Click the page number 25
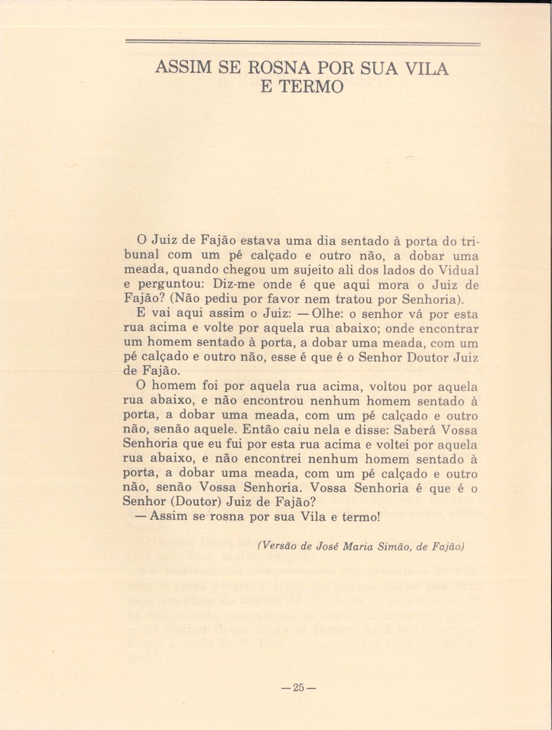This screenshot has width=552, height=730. click(x=298, y=687)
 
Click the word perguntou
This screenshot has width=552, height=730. click(x=174, y=285)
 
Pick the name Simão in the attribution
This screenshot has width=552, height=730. click(x=388, y=546)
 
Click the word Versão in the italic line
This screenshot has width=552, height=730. click(x=283, y=546)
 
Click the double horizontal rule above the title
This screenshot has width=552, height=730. click(x=302, y=43)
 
